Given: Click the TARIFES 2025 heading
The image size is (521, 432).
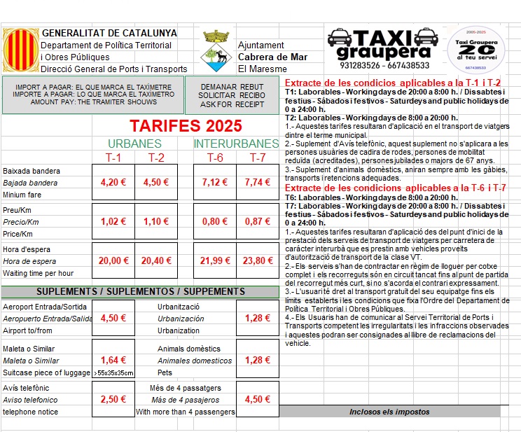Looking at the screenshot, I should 186,126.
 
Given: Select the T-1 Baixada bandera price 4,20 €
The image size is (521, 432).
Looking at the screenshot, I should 113,183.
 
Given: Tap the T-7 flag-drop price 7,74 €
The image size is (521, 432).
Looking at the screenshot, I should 257,183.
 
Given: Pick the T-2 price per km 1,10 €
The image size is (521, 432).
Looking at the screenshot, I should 156,221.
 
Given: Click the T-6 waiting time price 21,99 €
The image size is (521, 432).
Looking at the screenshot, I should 214,260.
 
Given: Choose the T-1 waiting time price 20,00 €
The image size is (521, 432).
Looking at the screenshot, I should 113,260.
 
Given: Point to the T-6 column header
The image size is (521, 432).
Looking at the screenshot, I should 214,158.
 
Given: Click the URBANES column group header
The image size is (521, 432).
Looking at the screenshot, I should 134,144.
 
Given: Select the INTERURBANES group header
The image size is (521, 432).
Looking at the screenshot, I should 235,144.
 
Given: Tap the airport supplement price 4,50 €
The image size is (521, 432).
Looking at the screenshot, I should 113,318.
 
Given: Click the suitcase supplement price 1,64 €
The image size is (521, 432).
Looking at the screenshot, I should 113,360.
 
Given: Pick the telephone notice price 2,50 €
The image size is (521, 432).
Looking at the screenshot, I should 113,399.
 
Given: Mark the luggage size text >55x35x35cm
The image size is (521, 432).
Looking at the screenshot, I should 113,372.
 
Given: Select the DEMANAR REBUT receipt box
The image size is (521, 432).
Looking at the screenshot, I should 231,95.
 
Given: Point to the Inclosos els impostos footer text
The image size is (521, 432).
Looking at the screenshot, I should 389,412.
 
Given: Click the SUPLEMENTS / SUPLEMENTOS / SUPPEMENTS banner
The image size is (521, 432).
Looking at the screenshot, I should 140,291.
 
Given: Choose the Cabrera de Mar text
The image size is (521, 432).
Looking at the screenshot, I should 272,57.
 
